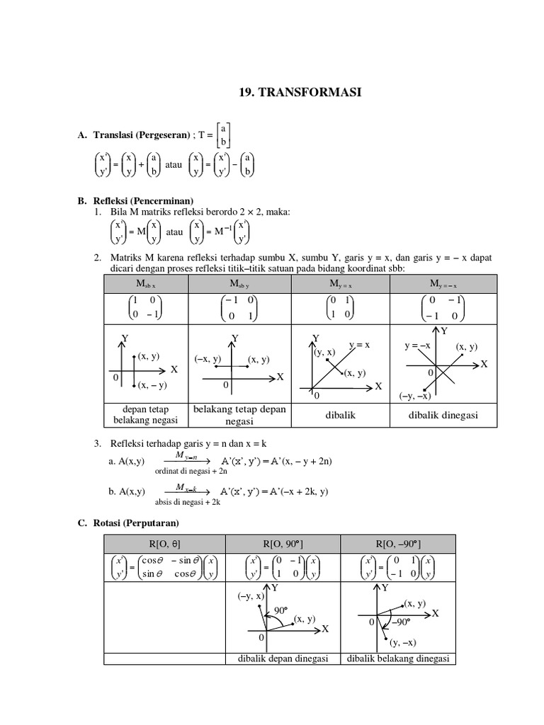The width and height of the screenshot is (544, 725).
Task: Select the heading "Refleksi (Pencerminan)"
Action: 142,201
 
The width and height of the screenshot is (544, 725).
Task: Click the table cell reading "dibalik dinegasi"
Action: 443,416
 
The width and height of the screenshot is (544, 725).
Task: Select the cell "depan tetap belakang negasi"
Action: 145,416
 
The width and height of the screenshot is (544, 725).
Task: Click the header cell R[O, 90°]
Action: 282,544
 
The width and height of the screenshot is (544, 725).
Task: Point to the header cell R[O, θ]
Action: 164,544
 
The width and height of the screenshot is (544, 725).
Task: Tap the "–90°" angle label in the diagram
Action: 400,622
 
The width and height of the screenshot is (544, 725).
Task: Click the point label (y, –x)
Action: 403,643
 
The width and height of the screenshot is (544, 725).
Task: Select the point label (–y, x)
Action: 251,596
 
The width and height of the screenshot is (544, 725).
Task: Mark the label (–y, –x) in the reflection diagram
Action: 416,395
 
